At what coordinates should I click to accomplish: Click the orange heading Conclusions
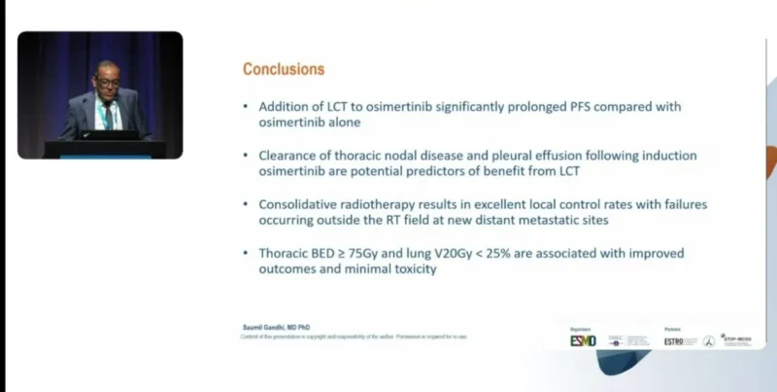click(x=284, y=70)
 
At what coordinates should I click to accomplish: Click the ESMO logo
click(x=583, y=339)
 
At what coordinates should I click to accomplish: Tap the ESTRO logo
click(x=674, y=340)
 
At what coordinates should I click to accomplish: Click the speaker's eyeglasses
click(x=108, y=84)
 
